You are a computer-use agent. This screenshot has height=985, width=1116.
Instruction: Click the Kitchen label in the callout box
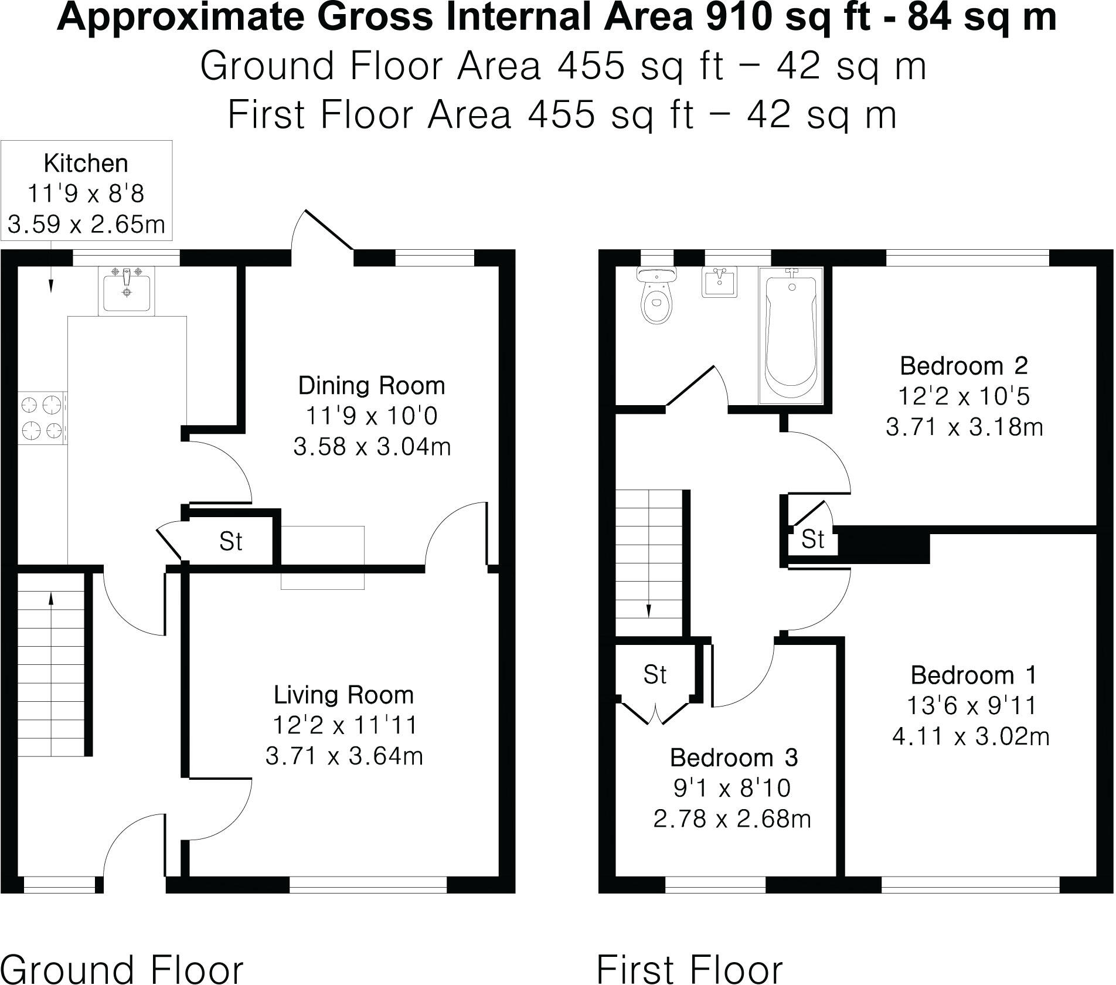coord(86,164)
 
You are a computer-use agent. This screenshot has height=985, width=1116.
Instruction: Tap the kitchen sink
coord(127,291)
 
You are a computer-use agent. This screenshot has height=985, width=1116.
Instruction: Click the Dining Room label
coord(372,386)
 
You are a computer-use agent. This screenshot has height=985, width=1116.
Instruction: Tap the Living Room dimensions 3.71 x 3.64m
coord(344,756)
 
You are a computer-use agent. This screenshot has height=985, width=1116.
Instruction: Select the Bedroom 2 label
coord(964,366)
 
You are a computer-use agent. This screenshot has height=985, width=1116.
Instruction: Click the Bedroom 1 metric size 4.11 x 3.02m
coord(971,736)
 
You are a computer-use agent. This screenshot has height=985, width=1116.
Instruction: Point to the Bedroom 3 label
coord(734,758)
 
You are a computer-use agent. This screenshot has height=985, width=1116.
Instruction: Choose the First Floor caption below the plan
coord(690,969)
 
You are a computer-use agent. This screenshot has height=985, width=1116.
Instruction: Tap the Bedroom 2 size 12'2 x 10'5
coord(964,396)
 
